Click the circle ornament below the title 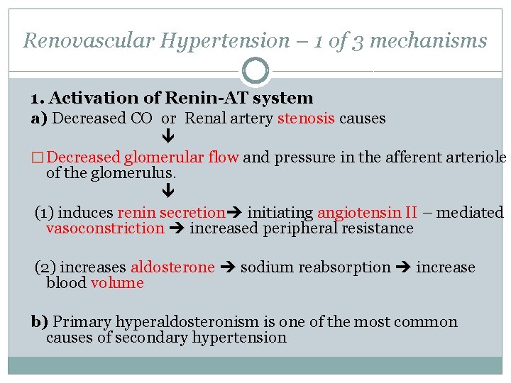pyautogui.click(x=255, y=71)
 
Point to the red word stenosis pyautogui.click(x=306, y=118)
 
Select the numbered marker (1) pyautogui.click(x=45, y=212)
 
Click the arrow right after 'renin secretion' pyautogui.click(x=234, y=213)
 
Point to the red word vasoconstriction pyautogui.click(x=105, y=228)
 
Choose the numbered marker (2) pyautogui.click(x=45, y=267)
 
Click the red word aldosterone pyautogui.click(x=172, y=267)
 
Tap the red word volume pyautogui.click(x=117, y=283)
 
